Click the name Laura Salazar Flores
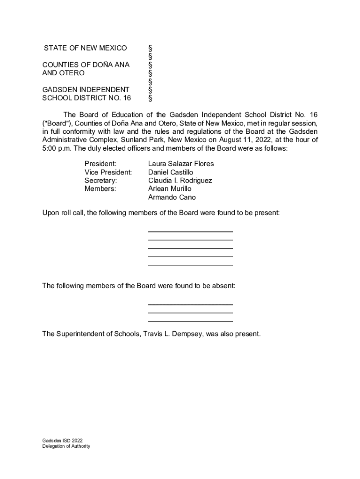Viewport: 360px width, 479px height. (180, 164)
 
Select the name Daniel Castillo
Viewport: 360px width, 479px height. (171, 172)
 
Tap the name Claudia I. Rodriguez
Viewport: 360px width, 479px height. (180, 181)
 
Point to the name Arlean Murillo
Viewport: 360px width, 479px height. (170, 189)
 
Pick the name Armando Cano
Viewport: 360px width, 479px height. (172, 197)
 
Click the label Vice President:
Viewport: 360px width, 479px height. (108, 172)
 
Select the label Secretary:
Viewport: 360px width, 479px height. (101, 181)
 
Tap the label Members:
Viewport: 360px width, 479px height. (100, 189)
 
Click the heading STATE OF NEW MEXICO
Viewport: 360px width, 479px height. (85, 48)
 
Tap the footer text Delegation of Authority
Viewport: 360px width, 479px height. (66, 446)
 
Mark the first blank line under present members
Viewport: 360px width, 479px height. (190, 231)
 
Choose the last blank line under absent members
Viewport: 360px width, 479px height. (190, 321)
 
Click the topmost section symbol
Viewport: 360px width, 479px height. (150, 48)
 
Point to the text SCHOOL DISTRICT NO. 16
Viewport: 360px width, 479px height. (86, 98)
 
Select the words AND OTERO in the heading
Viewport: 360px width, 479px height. (63, 73)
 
